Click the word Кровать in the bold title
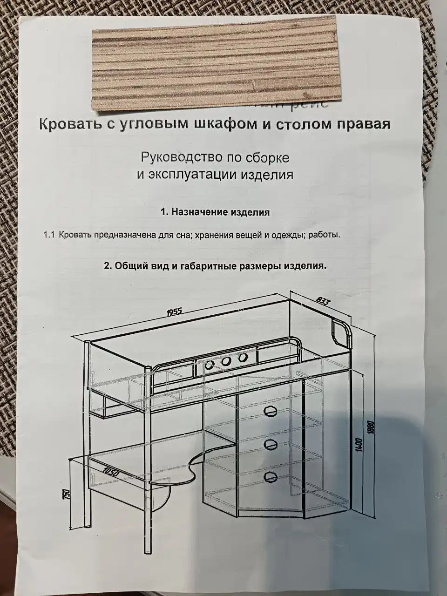[x=69, y=125]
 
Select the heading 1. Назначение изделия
[x=215, y=212]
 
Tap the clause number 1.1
[x=49, y=235]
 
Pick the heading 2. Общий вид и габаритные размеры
[x=215, y=266]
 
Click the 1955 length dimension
[x=176, y=312]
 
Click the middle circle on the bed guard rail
[x=226, y=362]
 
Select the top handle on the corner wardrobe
[x=270, y=410]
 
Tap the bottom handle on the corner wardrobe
[x=270, y=476]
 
